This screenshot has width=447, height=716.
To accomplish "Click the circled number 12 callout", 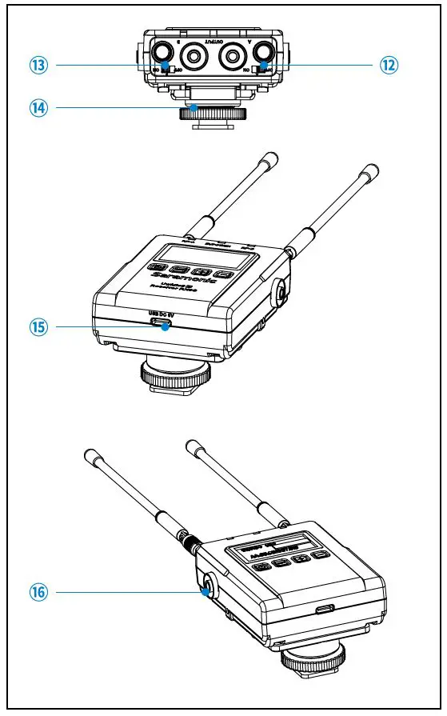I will click(x=389, y=66).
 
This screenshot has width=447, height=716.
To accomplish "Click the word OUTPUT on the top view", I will click(x=214, y=39).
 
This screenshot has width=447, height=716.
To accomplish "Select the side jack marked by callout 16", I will click(x=207, y=592).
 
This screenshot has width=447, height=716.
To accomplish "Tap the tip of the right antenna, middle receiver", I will click(x=371, y=170).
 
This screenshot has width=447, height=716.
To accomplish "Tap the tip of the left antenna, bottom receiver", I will click(x=90, y=454).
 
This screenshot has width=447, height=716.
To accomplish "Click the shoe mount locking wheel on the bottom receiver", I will click(x=314, y=661).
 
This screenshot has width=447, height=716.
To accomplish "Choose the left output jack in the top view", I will click(x=194, y=55).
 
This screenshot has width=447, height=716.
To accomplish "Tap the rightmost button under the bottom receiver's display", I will click(x=320, y=554).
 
